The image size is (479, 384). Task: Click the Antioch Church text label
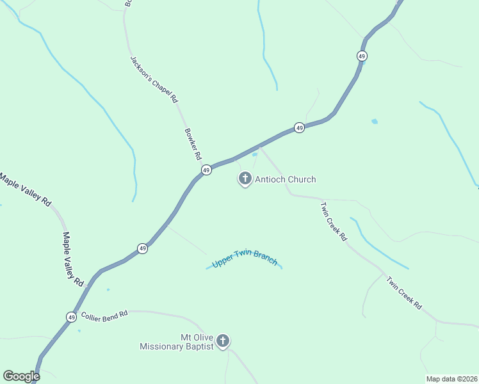(286, 180)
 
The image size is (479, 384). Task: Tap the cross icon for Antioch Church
(245, 178)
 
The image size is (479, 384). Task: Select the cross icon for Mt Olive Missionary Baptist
(222, 340)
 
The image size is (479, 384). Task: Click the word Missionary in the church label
(166, 347)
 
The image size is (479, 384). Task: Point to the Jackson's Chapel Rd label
(154, 79)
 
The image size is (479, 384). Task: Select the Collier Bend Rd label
(104, 315)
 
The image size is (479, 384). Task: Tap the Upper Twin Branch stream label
(245, 259)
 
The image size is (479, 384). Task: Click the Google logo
(21, 376)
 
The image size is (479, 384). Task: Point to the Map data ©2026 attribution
(451, 378)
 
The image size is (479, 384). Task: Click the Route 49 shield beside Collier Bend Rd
(70, 317)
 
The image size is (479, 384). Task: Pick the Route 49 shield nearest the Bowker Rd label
(206, 170)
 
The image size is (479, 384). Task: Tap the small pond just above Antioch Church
(254, 154)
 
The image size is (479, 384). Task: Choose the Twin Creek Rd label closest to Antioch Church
(334, 221)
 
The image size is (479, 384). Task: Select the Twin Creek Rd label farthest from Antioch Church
(404, 292)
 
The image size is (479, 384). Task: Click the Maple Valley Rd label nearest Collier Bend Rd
(73, 259)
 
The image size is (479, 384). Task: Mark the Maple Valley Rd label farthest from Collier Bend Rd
(25, 189)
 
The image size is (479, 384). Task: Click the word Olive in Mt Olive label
(203, 337)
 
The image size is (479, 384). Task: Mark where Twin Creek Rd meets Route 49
(259, 145)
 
